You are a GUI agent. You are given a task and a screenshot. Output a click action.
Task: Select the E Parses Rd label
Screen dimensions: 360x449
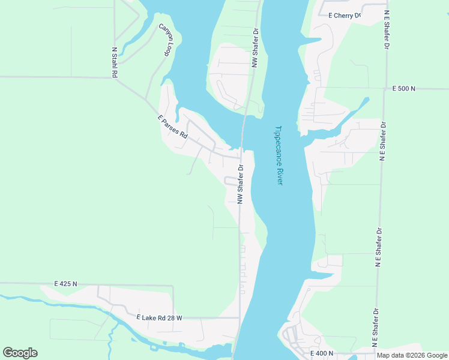point(173,127)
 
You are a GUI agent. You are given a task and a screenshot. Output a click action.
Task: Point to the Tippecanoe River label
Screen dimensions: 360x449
point(278,155)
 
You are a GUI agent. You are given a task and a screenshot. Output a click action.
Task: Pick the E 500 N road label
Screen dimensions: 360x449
point(404,89)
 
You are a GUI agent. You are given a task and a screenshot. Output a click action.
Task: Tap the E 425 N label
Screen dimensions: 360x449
point(65,283)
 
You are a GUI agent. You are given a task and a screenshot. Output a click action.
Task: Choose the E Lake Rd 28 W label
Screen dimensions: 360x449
point(159,317)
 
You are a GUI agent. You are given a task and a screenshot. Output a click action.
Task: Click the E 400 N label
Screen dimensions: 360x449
point(321,353)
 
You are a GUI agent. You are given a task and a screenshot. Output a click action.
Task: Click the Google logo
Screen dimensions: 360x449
point(20,353)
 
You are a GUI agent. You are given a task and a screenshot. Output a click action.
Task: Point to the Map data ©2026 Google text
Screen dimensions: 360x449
point(412,355)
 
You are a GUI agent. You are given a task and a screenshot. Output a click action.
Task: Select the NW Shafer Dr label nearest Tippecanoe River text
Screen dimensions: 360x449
point(240,184)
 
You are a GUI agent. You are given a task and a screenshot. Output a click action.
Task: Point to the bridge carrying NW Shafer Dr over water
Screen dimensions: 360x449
point(243,129)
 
